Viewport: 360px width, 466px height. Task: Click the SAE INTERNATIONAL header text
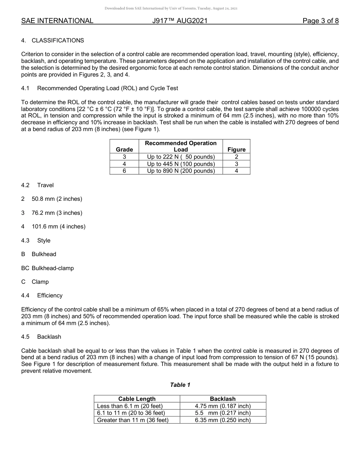click(57, 21)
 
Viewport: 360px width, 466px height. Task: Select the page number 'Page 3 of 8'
click(320, 21)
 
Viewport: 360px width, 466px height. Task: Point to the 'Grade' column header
click(124, 150)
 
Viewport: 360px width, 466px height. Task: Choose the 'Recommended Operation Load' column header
click(181, 146)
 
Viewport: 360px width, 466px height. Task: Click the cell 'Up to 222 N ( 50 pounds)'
click(181, 157)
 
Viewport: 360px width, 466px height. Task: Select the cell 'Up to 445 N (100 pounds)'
click(181, 164)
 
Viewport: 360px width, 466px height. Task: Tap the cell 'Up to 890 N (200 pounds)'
click(181, 171)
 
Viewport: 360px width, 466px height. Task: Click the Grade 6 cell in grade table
click(124, 171)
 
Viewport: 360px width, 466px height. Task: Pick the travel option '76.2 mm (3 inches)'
click(57, 213)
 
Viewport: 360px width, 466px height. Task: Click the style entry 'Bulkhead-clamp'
click(53, 268)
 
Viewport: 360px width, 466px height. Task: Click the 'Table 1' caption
click(180, 385)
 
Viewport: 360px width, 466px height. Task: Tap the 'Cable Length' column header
click(137, 399)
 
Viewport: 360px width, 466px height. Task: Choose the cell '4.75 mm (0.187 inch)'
click(223, 406)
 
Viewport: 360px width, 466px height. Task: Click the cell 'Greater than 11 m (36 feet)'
click(133, 420)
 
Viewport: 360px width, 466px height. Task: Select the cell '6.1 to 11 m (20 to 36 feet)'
click(131, 413)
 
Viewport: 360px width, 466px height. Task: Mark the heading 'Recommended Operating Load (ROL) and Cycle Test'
click(108, 88)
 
